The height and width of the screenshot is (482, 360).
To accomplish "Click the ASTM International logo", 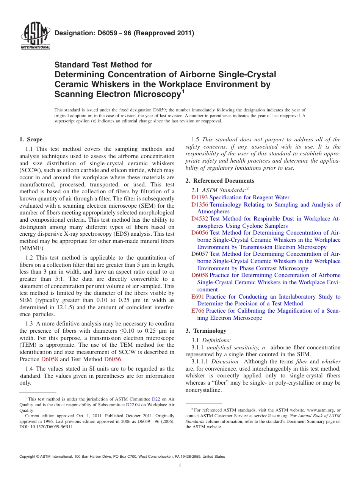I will [35, 36].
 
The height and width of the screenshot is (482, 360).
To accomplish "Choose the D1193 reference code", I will [199, 197].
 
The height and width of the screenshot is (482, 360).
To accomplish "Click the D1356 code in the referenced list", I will [199, 205].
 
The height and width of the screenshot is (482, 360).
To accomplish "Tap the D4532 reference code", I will [199, 219].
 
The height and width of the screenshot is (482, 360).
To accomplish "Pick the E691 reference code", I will [198, 297].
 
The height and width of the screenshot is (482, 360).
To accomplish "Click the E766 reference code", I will [198, 311].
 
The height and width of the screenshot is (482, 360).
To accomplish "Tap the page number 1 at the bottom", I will [180, 466].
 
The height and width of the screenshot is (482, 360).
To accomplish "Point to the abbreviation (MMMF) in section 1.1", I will [32, 249].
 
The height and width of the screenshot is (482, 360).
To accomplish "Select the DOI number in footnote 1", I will [47, 426].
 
